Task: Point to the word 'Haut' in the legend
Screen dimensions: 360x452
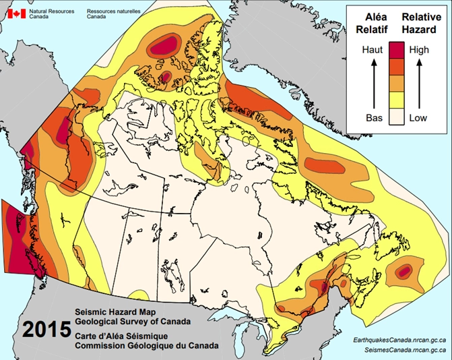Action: pos(374,50)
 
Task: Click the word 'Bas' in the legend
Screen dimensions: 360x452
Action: pos(374,117)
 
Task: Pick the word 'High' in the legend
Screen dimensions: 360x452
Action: pos(419,50)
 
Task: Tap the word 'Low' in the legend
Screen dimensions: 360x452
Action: pos(419,117)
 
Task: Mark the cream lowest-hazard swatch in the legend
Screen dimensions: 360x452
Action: pos(396,117)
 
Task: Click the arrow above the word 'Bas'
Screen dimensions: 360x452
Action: pos(374,84)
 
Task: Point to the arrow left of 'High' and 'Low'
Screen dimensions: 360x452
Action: pos(418,84)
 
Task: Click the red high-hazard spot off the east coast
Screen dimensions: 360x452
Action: pos(404,271)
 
